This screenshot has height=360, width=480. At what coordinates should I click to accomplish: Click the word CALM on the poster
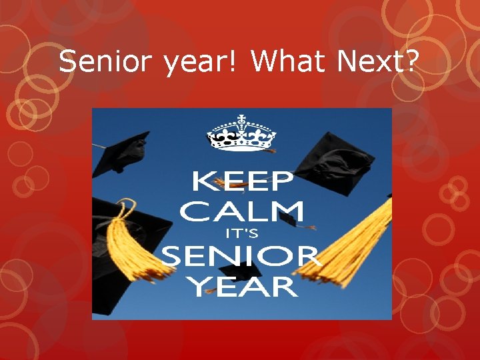pyautogui.click(x=241, y=211)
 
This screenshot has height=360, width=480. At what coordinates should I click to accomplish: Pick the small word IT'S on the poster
pyautogui.click(x=241, y=234)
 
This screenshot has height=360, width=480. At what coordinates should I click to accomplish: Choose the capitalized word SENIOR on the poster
pyautogui.click(x=241, y=257)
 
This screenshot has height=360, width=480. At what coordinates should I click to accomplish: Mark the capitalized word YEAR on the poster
pyautogui.click(x=241, y=287)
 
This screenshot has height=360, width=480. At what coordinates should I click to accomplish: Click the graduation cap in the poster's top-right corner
pyautogui.click(x=340, y=157)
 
